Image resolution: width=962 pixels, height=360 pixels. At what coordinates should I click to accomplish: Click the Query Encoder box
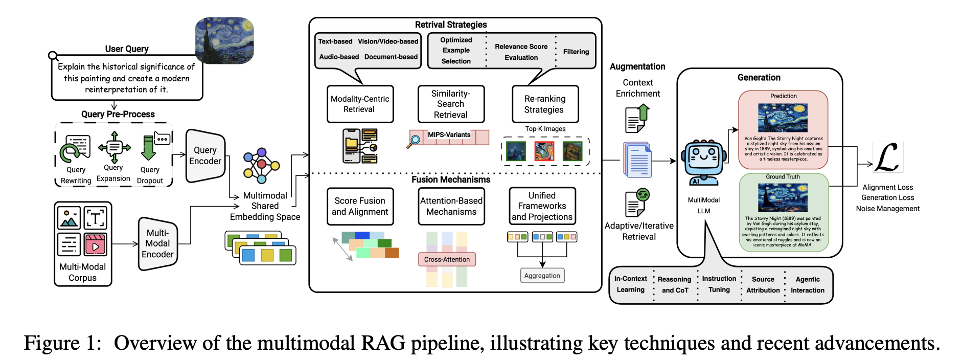tap(205, 155)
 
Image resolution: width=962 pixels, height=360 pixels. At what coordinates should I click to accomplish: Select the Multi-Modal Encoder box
tap(157, 243)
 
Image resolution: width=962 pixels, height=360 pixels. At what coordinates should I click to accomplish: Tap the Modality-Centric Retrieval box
tap(360, 104)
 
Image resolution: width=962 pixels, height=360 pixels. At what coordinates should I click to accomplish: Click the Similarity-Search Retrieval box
tap(451, 104)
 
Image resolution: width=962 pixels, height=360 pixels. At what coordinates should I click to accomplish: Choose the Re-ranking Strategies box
tap(545, 104)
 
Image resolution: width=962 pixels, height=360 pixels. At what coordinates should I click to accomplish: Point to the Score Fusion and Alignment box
tap(360, 206)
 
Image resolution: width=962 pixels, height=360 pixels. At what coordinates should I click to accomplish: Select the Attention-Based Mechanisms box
tap(451, 206)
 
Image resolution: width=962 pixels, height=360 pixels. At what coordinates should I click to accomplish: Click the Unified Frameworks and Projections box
tap(542, 206)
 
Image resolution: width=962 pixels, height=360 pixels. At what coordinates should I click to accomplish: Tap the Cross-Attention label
tap(447, 259)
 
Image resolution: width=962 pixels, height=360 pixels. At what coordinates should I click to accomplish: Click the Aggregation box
tap(542, 276)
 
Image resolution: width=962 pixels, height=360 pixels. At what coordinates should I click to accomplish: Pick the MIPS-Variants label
tap(449, 135)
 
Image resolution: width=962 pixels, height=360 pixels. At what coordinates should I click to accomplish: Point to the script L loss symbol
tap(886, 158)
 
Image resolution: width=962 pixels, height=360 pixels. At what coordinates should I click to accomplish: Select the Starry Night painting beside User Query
tap(225, 40)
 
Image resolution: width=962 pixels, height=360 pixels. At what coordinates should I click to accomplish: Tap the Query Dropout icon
tap(149, 148)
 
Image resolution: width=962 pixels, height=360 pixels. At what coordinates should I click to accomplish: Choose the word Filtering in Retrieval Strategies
tap(576, 52)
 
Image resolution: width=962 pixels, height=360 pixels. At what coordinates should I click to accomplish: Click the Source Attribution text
tap(763, 285)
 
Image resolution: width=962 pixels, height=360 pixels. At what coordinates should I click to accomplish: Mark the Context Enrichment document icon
tap(637, 119)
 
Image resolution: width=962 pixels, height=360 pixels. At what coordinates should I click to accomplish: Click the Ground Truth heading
tap(783, 177)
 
